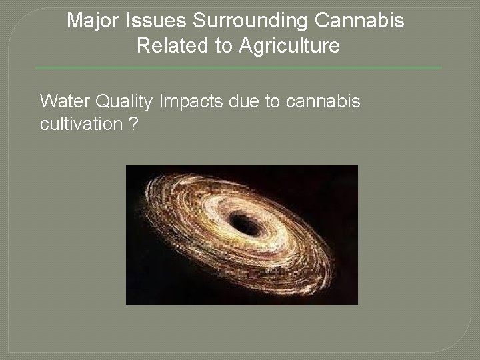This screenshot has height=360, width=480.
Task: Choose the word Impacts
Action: point(193,101)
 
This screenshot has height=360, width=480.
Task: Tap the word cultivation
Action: point(81,125)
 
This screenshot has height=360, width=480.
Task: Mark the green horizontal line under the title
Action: point(238,68)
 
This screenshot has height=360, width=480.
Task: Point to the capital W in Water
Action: point(49,101)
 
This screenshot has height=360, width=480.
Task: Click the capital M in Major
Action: point(75,21)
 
